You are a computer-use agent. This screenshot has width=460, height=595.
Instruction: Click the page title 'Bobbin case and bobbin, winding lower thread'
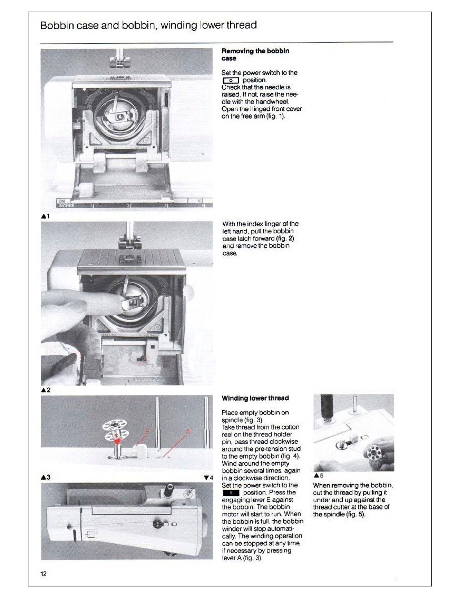coord(148,25)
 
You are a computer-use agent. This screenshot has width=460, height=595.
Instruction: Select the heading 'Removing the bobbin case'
coord(255,54)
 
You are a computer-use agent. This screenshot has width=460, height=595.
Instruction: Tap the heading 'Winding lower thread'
coord(255,398)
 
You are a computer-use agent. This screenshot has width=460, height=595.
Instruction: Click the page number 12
coord(43,574)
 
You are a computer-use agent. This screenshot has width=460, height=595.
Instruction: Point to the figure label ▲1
coord(45,216)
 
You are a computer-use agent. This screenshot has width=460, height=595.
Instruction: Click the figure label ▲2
coord(45,390)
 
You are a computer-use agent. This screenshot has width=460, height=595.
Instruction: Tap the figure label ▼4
coord(208,478)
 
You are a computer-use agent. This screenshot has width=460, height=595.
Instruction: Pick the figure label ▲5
coord(319,475)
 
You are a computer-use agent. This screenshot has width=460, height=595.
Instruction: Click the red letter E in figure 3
coord(147,432)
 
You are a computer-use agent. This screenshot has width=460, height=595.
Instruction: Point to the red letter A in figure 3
coord(188,432)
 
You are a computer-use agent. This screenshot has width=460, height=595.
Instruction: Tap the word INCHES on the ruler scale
coord(65,206)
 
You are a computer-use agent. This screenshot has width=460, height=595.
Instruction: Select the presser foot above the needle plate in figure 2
coord(129,241)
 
